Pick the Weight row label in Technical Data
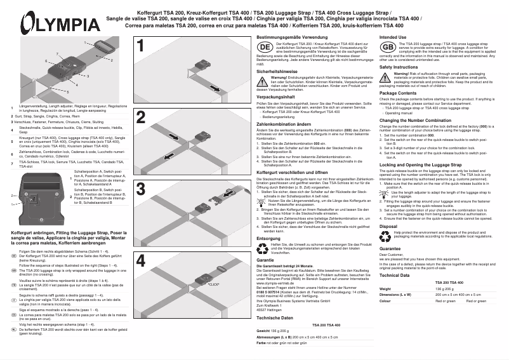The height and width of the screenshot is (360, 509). click(x=387, y=288)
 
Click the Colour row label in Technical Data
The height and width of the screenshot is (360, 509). click(x=387, y=301)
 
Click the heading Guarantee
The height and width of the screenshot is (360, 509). click(x=390, y=248)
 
